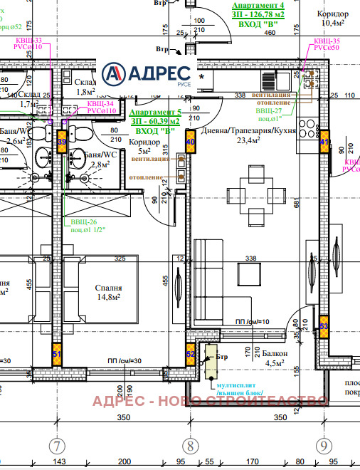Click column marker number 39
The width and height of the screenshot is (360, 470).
(62, 142)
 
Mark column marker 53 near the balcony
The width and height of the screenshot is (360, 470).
(324, 325)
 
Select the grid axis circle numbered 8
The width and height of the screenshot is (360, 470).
(189, 446)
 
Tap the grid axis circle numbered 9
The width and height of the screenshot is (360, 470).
(324, 446)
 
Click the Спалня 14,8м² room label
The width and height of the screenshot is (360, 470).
(109, 293)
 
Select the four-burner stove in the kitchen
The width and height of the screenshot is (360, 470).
(307, 129)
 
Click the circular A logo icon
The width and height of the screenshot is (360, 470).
(115, 74)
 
